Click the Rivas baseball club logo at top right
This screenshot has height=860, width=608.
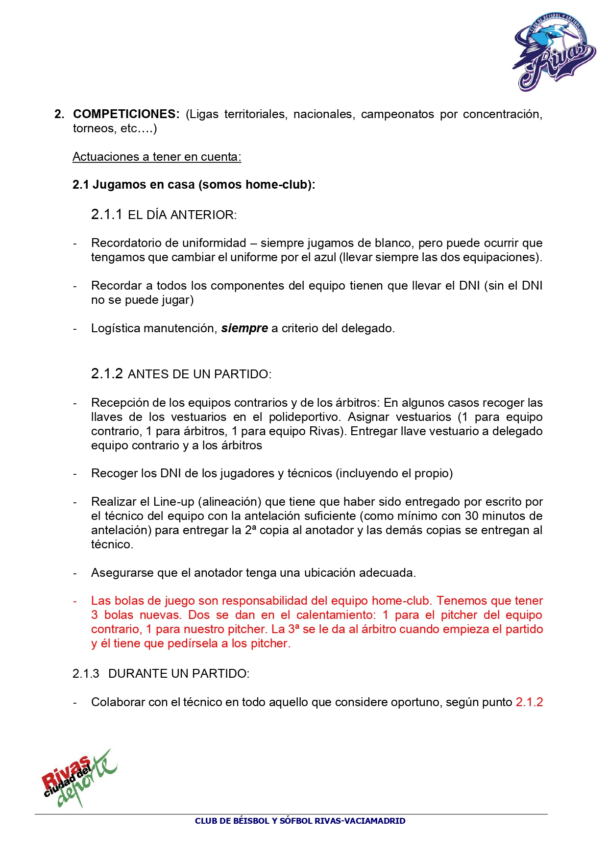pos(554,52)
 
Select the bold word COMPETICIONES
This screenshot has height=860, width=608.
pos(126,114)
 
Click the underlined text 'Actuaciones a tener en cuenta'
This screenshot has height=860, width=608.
pos(156,157)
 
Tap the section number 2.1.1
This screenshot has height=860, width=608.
pos(106,215)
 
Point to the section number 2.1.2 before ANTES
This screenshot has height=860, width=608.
pos(106,374)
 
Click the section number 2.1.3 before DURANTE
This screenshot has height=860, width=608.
pos(86,674)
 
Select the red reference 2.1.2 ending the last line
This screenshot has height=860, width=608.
pos(529,702)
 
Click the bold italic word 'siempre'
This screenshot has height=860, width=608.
pos(244,328)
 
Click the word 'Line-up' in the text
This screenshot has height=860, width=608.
pos(173,502)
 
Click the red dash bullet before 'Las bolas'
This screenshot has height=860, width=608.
pos(75,601)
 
